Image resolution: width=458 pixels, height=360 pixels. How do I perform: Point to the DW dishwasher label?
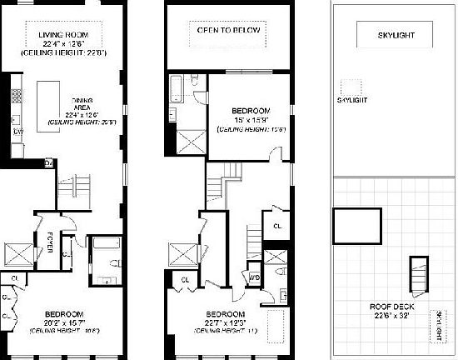pyautogui.click(x=17, y=131)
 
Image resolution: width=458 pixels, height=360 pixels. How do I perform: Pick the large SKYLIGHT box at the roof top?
pyautogui.click(x=395, y=36)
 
